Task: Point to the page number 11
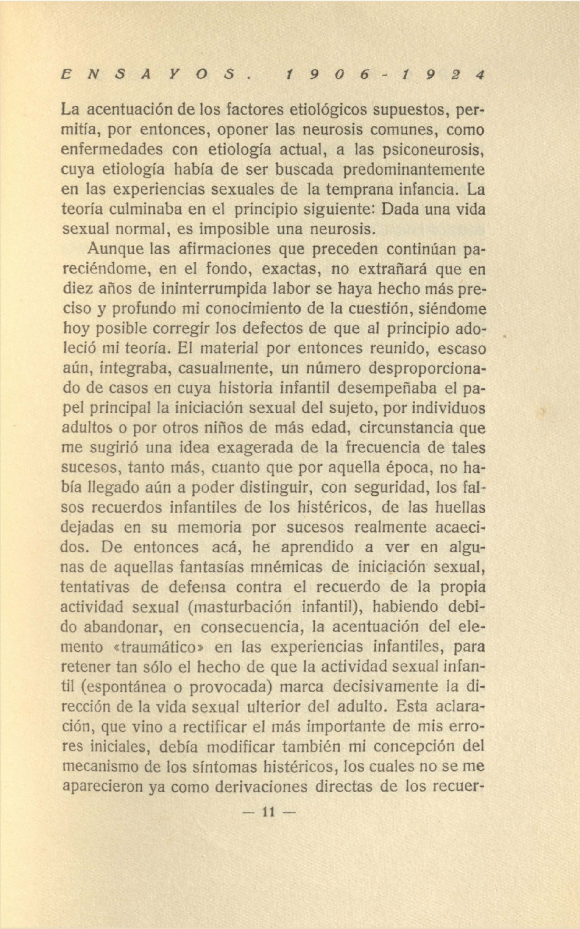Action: [268, 812]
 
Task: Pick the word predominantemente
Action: [414, 170]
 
